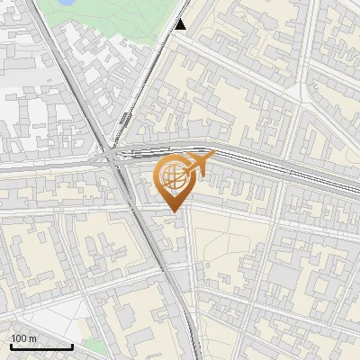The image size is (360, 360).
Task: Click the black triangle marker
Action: click(x=180, y=23)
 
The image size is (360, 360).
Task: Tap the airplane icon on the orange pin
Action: click(x=195, y=165)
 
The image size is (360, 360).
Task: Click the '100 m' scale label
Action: click(x=24, y=338)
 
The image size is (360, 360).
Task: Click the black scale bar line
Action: click(x=41, y=346)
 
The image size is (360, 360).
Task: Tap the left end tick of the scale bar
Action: click(x=11, y=344)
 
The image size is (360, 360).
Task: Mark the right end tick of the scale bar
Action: click(x=72, y=344)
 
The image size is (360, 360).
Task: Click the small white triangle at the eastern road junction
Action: click(x=310, y=97)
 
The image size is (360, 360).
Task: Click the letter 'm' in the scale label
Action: click(x=32, y=338)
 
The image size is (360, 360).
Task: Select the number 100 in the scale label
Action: click(x=20, y=338)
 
